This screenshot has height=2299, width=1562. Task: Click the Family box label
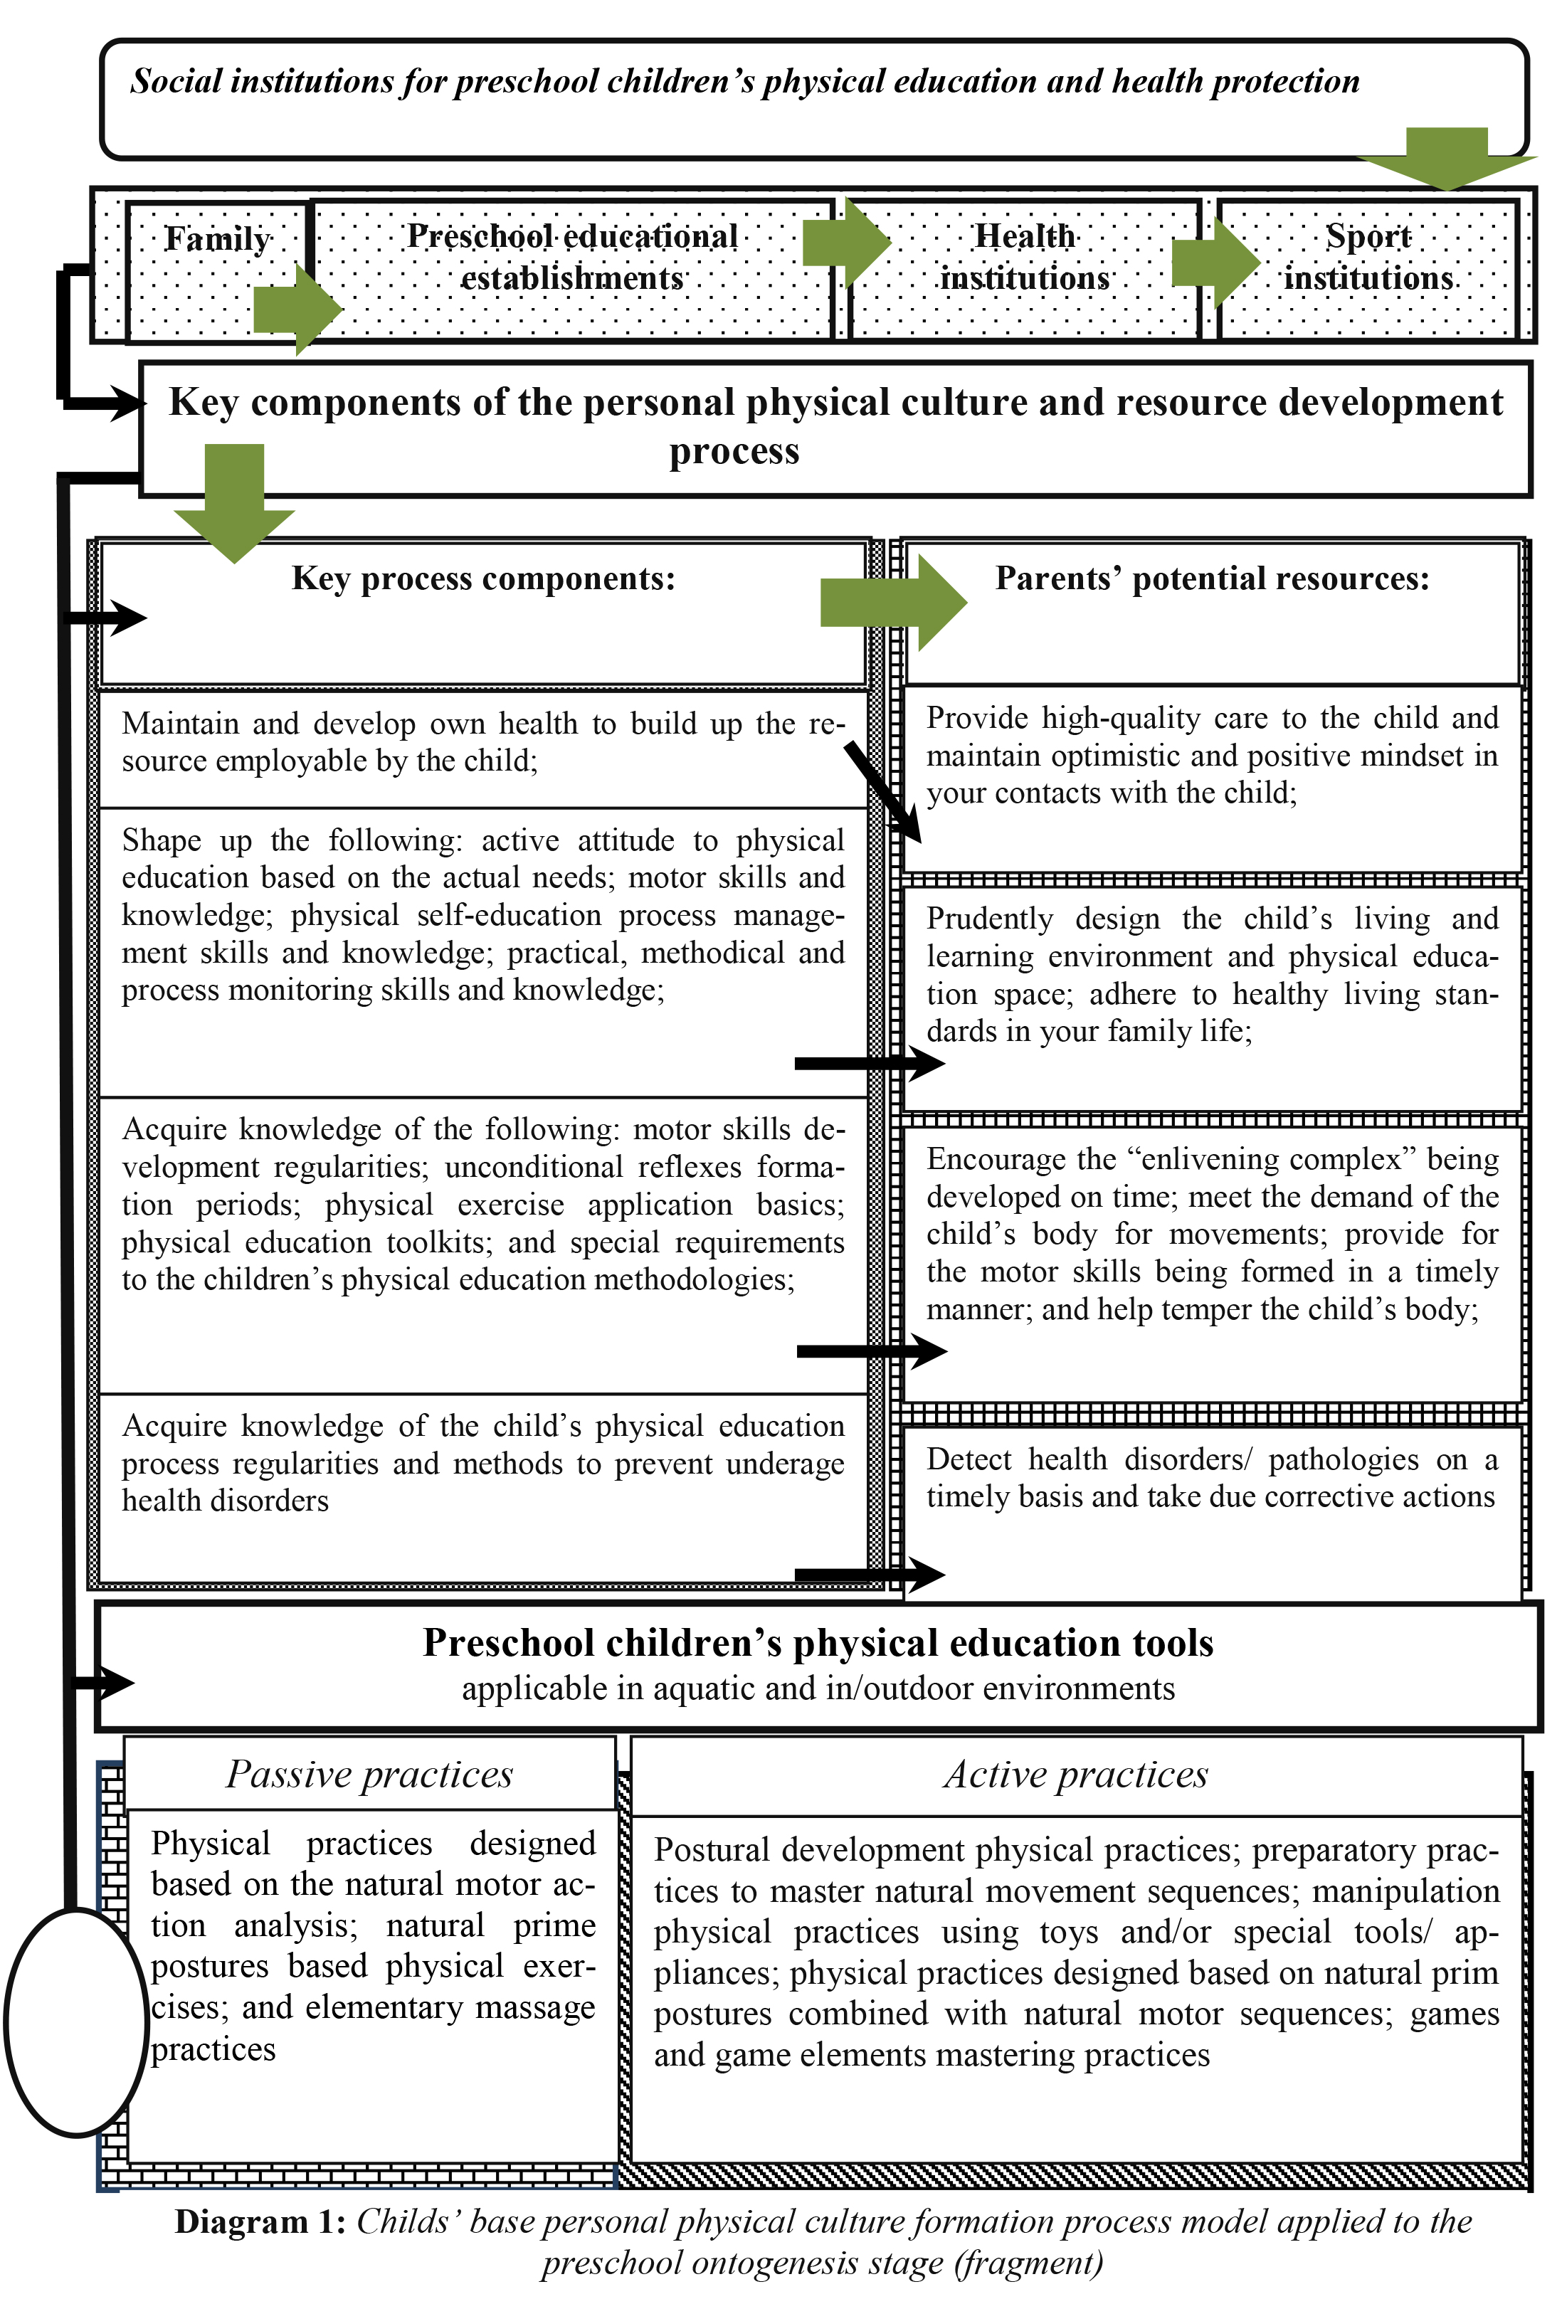click(216, 239)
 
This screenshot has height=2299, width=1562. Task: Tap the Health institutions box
click(1024, 257)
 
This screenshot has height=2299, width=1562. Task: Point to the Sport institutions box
click(1368, 257)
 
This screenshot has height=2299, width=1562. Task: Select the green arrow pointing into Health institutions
click(846, 243)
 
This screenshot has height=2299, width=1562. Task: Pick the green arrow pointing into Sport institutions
click(1215, 262)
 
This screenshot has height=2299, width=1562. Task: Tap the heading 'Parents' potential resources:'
click(1212, 578)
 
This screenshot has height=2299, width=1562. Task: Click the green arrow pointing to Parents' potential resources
click(892, 603)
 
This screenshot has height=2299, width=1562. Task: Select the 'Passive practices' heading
click(369, 1775)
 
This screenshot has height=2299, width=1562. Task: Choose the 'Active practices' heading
click(1075, 1775)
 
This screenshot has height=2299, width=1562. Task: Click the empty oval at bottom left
click(76, 2022)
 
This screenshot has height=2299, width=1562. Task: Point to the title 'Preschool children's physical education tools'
click(818, 1643)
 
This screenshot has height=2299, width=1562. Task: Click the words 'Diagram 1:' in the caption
click(260, 2222)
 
